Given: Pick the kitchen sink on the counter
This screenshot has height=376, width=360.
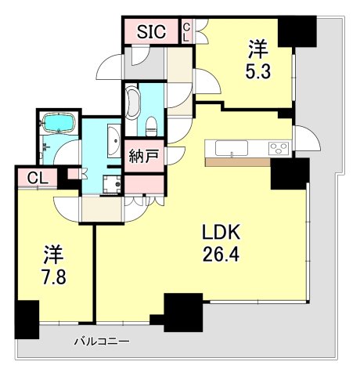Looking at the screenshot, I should (229, 148).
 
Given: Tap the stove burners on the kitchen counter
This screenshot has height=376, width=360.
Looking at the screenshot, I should (278, 147).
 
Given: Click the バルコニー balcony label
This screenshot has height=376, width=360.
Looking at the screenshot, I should (101, 342).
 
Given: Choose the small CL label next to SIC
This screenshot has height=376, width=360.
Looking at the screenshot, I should (186, 32).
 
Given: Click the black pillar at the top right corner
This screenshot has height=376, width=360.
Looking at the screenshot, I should (300, 32).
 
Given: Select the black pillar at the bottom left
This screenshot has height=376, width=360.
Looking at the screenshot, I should (27, 319).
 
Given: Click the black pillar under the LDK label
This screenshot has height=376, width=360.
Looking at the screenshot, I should (178, 311).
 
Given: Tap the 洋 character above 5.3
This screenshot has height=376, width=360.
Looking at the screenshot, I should (256, 49).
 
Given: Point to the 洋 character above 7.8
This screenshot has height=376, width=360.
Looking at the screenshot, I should (52, 255).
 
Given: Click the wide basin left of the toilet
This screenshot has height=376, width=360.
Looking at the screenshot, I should (131, 103).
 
